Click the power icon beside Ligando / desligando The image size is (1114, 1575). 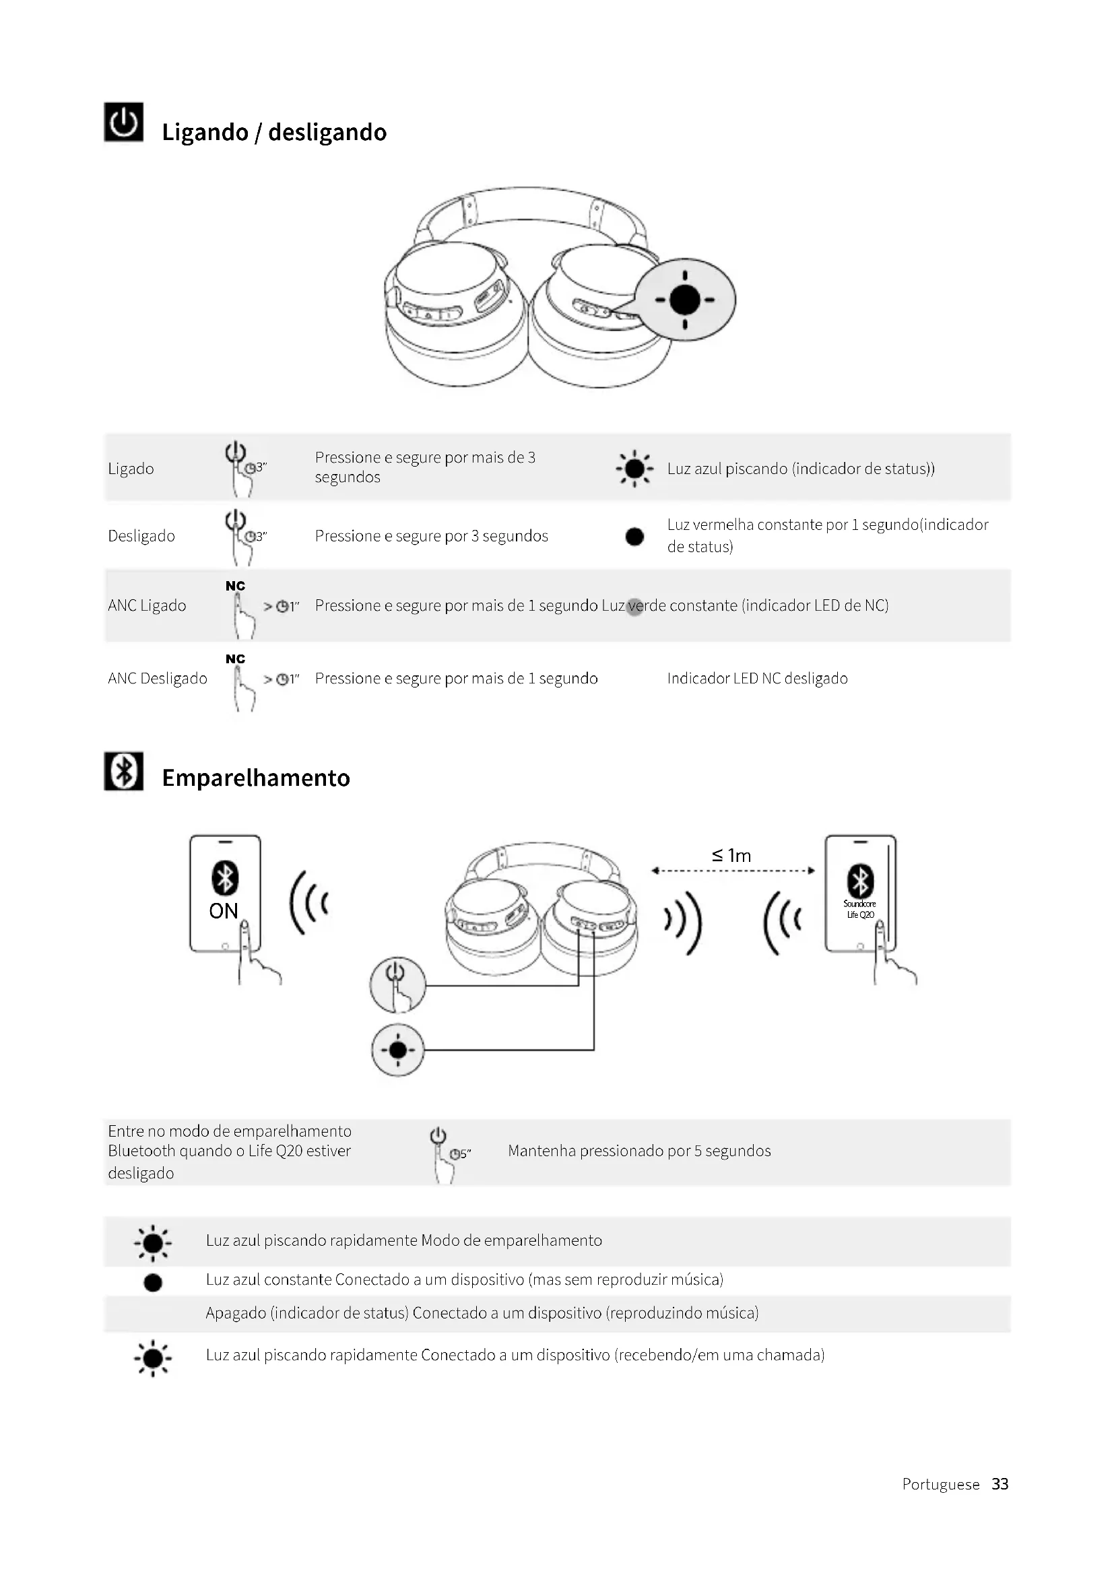pos(123,122)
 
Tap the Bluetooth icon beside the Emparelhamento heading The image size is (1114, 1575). pos(123,771)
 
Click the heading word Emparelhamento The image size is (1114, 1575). pos(256,778)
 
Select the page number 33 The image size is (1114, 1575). pos(1000,1484)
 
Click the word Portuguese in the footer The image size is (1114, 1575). pos(940,1484)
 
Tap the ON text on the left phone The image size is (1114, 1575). pos(224,911)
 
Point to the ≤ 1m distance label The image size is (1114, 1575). pos(731,855)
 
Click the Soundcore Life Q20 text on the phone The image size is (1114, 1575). pos(859,909)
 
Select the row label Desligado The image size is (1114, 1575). pos(141,536)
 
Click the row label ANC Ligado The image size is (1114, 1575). pos(147,606)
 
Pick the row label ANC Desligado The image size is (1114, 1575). pos(157,679)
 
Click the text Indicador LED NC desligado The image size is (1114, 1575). pos(757,679)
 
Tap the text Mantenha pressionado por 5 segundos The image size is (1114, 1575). pos(638,1150)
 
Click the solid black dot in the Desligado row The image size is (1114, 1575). pos(634,537)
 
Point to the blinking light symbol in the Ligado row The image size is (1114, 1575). pos(634,469)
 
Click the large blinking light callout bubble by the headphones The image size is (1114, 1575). pos(684,300)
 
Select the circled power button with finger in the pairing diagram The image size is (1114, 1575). pos(398,984)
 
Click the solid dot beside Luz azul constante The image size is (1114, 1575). pos(153,1282)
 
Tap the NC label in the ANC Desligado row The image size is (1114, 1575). pos(235,659)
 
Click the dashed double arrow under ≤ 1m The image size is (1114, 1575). pos(733,871)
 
